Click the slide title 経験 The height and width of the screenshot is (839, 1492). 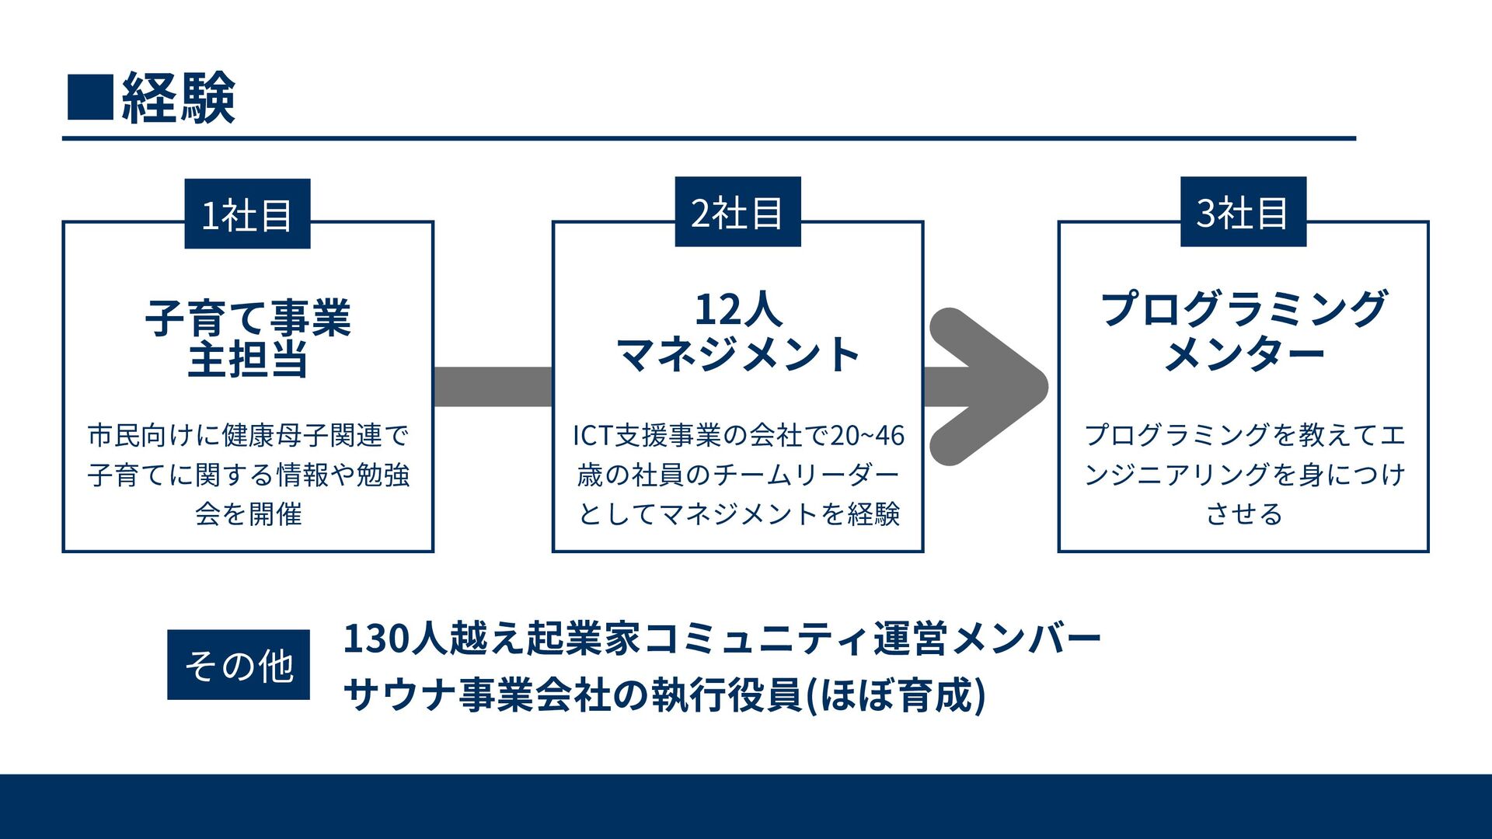coord(179,98)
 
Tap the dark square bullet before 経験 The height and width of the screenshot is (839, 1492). coord(90,97)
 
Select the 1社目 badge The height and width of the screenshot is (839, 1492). coord(247,214)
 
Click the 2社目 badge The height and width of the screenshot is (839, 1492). coord(737,212)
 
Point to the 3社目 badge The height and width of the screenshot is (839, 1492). coord(1243,212)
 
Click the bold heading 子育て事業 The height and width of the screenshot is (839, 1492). coord(248,318)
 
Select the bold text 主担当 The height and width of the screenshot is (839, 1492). coord(248,360)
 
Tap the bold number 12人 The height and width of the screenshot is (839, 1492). coord(737,309)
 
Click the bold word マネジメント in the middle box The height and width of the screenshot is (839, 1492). coord(737,354)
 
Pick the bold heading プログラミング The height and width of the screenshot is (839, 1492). coord(1243,308)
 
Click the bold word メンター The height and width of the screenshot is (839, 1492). coord(1243,354)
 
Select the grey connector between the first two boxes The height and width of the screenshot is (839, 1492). coord(493,387)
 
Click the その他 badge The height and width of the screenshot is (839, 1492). coord(239,665)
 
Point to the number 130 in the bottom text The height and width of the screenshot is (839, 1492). coord(376,639)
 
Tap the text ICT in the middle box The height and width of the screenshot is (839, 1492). coord(593,436)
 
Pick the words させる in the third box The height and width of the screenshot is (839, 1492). coord(1243,513)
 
